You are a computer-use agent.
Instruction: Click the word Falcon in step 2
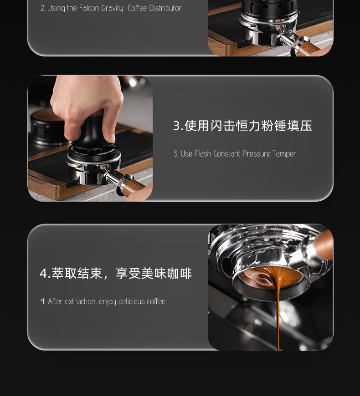(89, 8)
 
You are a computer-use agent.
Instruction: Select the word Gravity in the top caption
(112, 9)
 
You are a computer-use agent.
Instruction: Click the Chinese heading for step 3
(242, 126)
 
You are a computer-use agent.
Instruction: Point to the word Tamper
(284, 154)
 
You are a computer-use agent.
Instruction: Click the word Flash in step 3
(203, 153)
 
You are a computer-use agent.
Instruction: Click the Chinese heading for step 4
(116, 273)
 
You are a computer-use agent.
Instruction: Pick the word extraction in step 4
(81, 301)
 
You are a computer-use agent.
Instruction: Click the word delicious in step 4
(131, 301)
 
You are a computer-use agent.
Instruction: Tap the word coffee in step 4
(156, 301)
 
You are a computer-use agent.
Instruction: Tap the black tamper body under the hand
(93, 142)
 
